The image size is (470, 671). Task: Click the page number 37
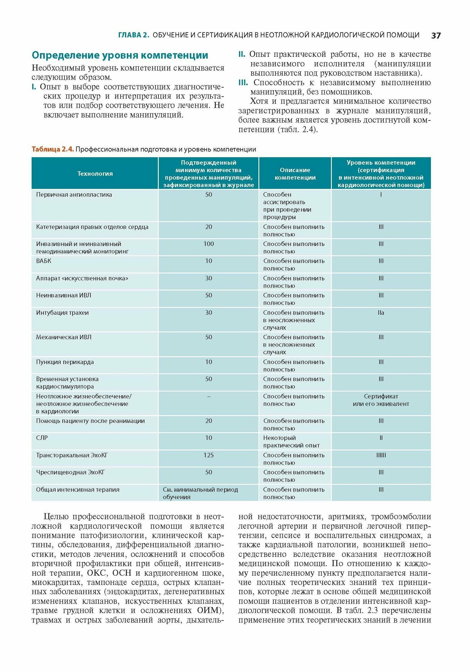tap(436, 36)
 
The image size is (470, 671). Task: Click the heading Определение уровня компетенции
tap(120, 55)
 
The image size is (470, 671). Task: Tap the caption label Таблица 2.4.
tap(53, 149)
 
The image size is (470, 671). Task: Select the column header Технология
tap(95, 173)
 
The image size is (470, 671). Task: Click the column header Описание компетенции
tap(295, 174)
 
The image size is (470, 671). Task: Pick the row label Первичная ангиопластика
tap(74, 195)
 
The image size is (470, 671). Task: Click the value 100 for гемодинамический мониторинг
tap(208, 244)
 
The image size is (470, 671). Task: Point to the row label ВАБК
tap(44, 261)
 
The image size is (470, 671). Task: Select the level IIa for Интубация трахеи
tap(381, 313)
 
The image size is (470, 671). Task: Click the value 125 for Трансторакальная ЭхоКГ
tap(208, 455)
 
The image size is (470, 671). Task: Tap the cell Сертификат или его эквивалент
tap(381, 400)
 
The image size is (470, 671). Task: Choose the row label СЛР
tap(42, 438)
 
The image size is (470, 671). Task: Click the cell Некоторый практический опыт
tap(291, 442)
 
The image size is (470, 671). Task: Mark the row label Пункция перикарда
tap(65, 362)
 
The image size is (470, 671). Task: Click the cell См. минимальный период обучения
tap(200, 493)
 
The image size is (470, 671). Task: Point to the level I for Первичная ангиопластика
tap(381, 195)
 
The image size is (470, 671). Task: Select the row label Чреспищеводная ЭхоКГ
tap(70, 472)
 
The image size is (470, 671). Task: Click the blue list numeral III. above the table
tap(243, 83)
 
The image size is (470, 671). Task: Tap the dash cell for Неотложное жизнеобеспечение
tap(208, 397)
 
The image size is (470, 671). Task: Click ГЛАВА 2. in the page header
tap(133, 35)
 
